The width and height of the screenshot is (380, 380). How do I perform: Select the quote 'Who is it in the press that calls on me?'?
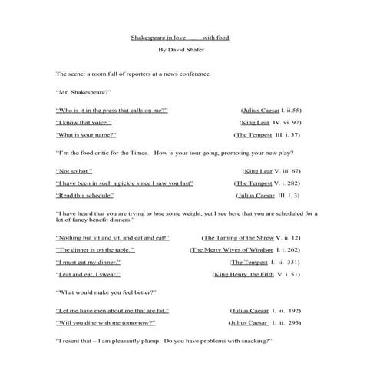[112, 111]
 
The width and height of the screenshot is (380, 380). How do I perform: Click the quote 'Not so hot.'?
[74, 171]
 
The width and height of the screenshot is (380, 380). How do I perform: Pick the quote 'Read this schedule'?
[84, 196]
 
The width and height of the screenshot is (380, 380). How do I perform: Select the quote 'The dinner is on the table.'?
[95, 250]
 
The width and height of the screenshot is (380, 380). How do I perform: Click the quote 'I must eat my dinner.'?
[89, 263]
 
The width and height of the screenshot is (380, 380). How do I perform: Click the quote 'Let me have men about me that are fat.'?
[113, 311]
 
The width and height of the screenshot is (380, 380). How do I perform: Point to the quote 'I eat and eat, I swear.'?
[91, 274]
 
